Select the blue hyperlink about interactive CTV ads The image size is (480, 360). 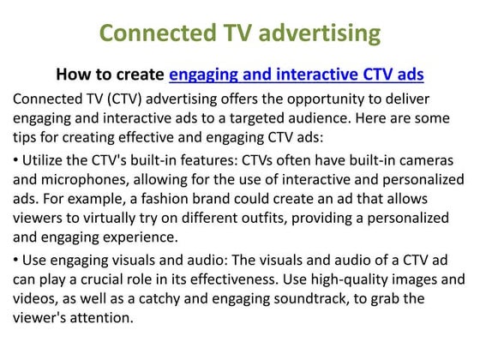pos(297,75)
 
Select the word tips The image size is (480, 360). pos(27,137)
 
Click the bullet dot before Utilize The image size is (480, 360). pos(16,160)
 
